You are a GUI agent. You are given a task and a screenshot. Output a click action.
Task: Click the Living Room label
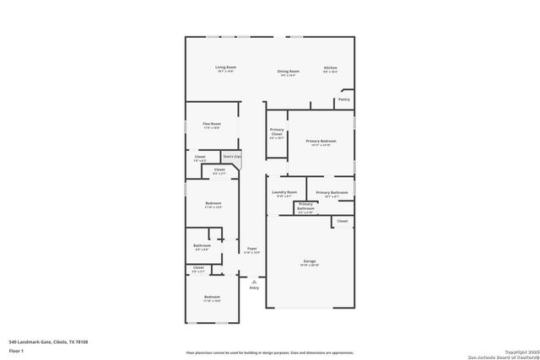pos(224,67)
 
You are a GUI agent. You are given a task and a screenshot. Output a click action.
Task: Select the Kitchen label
pos(331,69)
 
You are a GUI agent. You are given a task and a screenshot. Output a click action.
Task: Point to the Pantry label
pos(343,99)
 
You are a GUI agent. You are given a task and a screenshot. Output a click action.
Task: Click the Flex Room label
pos(211,125)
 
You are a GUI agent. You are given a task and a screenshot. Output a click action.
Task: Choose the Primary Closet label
pos(277,132)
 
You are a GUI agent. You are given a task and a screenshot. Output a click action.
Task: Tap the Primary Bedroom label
pos(321,142)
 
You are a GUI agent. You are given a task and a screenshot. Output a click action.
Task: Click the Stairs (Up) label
pos(232,156)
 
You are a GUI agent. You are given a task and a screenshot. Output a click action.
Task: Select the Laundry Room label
pos(284,193)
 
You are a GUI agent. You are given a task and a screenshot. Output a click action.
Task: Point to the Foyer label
pos(251,249)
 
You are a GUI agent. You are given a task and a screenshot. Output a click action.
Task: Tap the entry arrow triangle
pos(254,282)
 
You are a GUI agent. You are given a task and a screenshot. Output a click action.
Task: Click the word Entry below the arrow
pos(254,288)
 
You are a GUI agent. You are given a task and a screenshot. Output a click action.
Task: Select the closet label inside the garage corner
pos(342,221)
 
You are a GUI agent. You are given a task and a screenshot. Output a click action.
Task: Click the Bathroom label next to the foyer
pos(202,246)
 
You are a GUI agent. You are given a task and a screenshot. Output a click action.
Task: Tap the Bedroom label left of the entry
pos(211,297)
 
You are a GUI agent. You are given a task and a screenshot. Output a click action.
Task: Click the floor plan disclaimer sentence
pos(270,352)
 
